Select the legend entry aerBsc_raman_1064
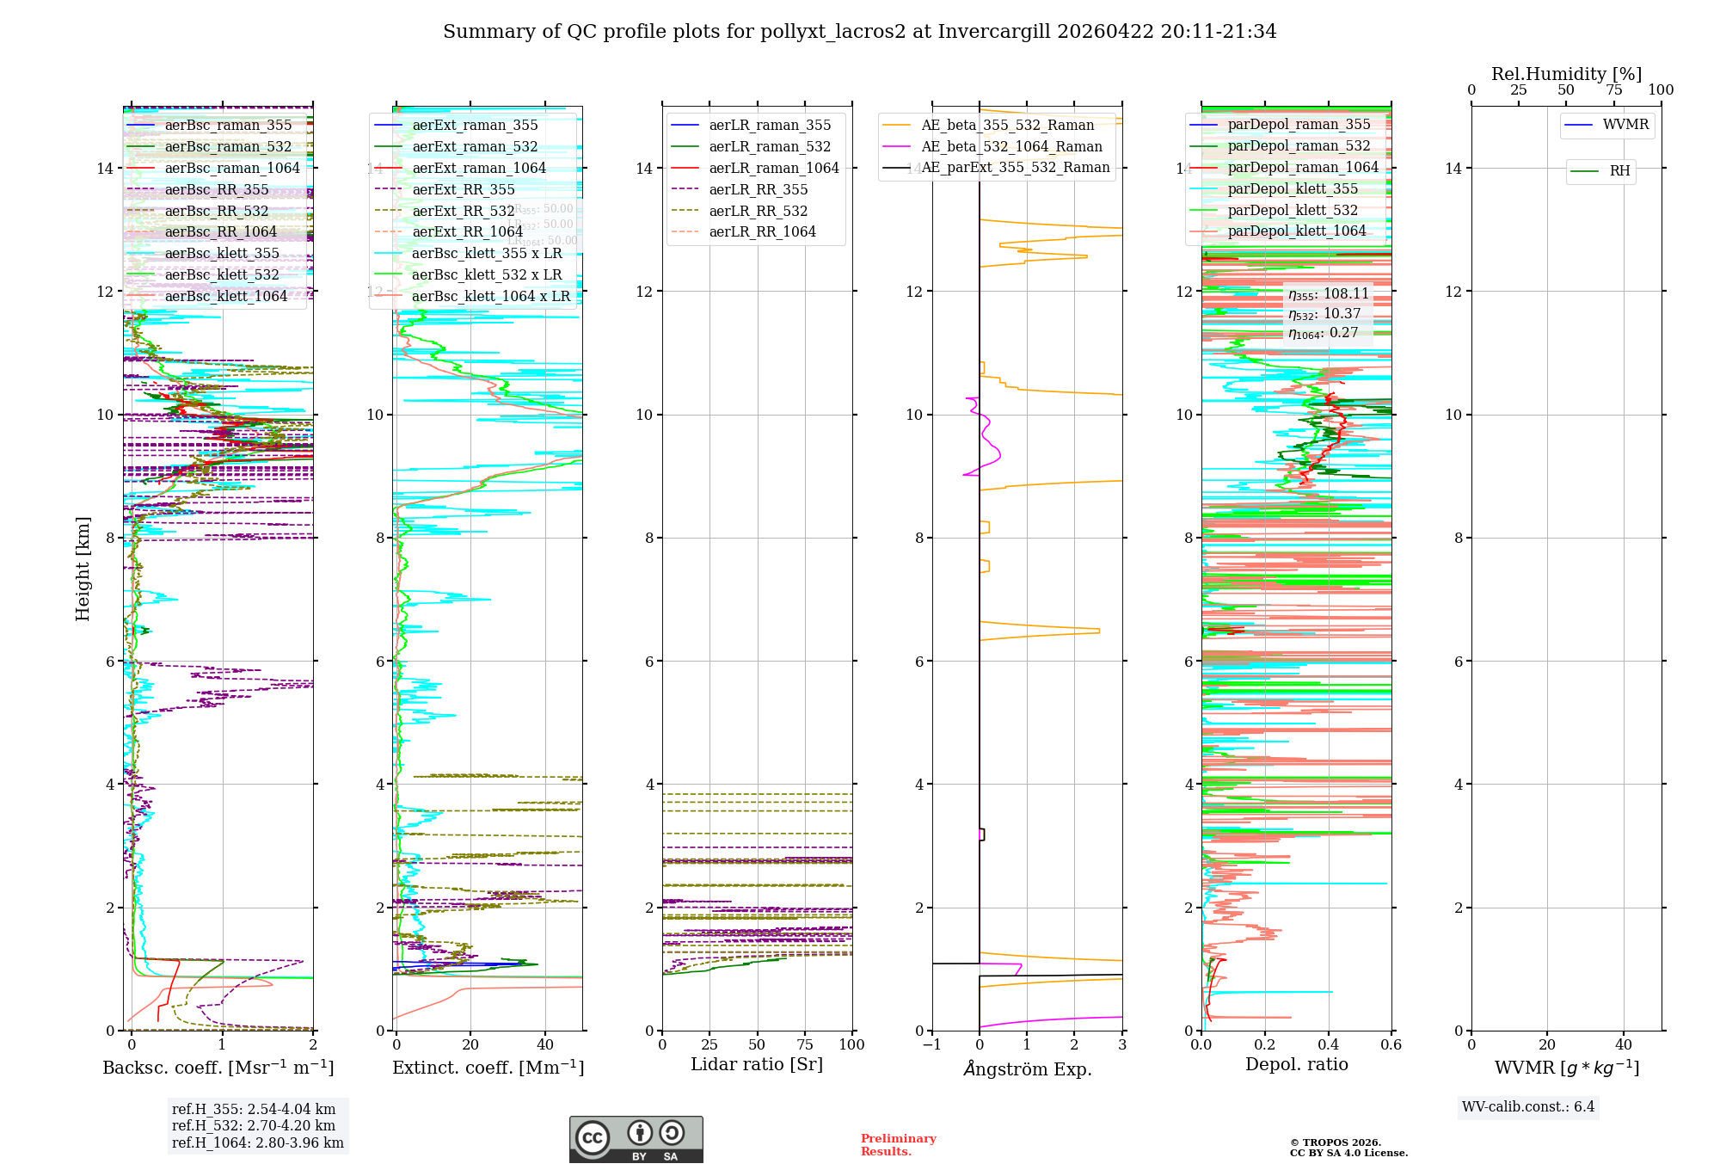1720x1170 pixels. [x=232, y=169]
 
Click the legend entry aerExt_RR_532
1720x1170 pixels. [x=463, y=211]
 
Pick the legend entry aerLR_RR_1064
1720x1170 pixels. [x=762, y=232]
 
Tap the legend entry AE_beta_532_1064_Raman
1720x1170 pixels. [x=1011, y=147]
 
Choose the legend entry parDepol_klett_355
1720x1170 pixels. [x=1293, y=189]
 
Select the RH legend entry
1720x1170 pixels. [x=1619, y=171]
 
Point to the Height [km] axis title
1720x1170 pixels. [x=83, y=568]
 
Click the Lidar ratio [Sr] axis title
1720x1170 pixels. [x=757, y=1064]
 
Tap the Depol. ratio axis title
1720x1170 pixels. [x=1296, y=1064]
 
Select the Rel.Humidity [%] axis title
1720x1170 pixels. [x=1566, y=74]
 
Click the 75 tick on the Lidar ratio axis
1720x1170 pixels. [x=805, y=1045]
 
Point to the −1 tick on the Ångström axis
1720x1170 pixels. [x=932, y=1045]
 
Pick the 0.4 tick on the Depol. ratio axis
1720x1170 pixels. [x=1328, y=1045]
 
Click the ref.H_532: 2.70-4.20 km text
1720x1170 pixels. [x=254, y=1126]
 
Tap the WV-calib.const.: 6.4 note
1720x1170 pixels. [x=1528, y=1107]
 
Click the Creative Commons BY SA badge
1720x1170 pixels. [x=636, y=1140]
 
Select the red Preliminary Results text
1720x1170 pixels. [x=898, y=1145]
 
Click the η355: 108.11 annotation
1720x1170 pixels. [x=1328, y=294]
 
